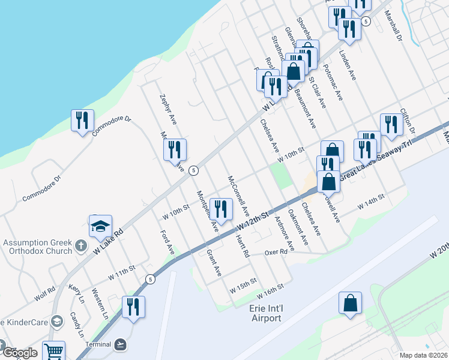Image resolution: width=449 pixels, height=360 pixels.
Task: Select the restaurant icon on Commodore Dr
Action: (82, 121)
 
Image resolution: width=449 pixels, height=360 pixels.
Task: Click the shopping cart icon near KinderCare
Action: (53, 351)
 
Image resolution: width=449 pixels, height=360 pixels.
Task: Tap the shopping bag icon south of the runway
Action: (350, 304)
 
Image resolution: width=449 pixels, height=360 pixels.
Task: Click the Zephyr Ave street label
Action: (169, 110)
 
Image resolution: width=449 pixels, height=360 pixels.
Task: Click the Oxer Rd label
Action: (277, 253)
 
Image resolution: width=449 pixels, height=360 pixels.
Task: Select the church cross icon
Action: (82, 245)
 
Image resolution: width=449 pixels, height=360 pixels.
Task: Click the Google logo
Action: (19, 353)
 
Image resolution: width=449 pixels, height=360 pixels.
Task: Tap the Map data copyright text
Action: (423, 355)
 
